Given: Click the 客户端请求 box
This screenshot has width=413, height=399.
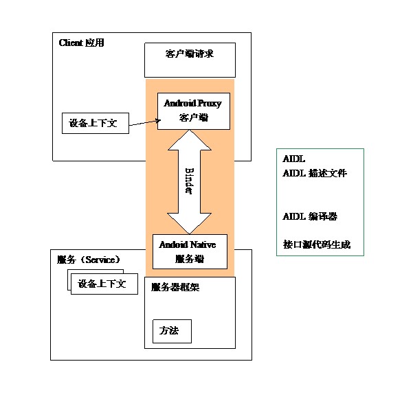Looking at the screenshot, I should click(190, 60).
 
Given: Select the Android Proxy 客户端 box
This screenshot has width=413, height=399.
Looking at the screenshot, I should click(193, 111).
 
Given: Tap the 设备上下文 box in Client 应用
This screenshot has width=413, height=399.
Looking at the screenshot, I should click(95, 123).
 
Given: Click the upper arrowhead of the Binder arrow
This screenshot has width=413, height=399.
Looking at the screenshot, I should click(189, 139).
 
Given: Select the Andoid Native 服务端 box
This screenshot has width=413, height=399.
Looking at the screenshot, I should click(189, 251).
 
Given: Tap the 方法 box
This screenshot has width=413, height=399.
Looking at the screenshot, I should click(172, 331).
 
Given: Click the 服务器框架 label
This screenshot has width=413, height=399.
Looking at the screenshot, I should click(175, 287).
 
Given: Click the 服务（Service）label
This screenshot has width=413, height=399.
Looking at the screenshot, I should click(89, 260).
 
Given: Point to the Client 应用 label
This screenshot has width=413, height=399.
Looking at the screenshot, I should click(81, 43).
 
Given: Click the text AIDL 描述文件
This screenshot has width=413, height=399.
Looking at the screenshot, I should click(315, 173).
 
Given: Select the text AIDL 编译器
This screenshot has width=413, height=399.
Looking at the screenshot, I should click(310, 216).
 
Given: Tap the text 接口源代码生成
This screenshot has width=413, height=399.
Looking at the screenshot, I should click(317, 244).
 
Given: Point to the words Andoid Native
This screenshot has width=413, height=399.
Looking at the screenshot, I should click(189, 244).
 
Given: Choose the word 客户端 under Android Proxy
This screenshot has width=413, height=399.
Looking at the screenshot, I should click(193, 117).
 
